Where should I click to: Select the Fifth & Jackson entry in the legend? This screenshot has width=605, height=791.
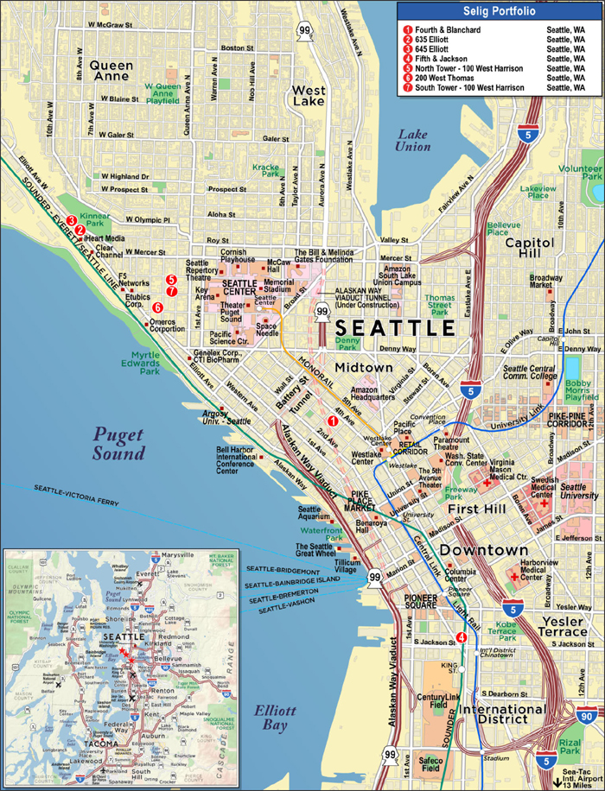(x=433, y=59)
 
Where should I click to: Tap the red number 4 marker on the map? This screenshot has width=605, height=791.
(x=462, y=637)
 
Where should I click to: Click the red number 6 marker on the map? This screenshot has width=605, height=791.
(x=157, y=307)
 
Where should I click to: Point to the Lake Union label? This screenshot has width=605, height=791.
(x=414, y=140)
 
